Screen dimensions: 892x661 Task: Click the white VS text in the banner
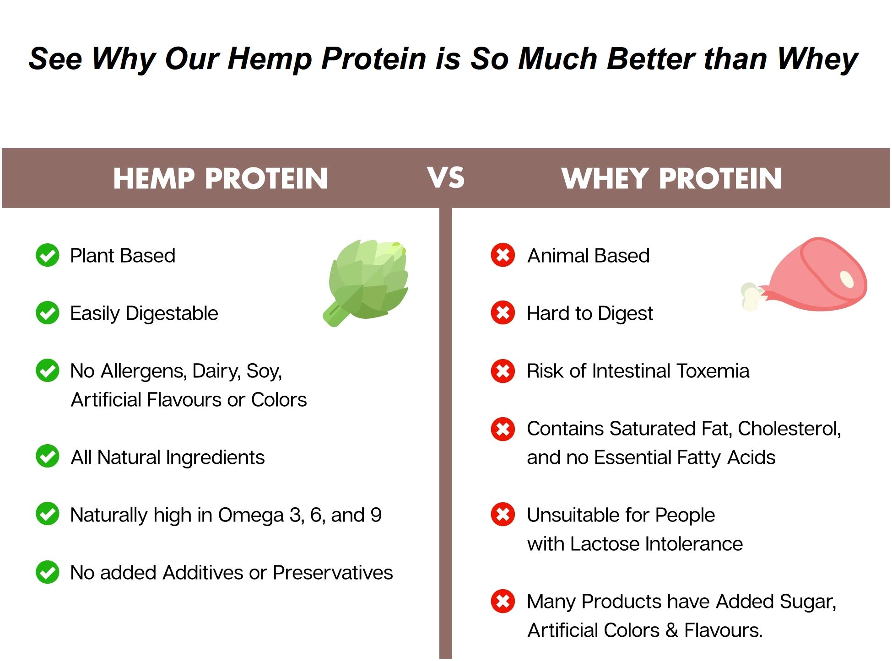coord(446,177)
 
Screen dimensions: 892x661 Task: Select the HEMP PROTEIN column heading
coord(221,178)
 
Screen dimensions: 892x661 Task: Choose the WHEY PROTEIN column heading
coord(672,178)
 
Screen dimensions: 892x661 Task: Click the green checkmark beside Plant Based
coord(48,255)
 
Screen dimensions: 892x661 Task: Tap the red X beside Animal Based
coord(503,255)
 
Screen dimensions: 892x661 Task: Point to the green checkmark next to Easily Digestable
coord(48,313)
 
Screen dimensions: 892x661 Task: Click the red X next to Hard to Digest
coord(503,313)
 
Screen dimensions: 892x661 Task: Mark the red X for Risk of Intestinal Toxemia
coord(503,371)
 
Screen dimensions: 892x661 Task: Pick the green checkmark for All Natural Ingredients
coord(48,457)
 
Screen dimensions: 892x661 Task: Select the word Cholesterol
coord(789,429)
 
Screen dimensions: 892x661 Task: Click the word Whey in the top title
coord(817,60)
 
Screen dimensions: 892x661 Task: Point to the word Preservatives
coord(333,573)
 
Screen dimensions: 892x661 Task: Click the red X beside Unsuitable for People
coord(503,515)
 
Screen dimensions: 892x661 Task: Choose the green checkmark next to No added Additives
coord(48,572)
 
